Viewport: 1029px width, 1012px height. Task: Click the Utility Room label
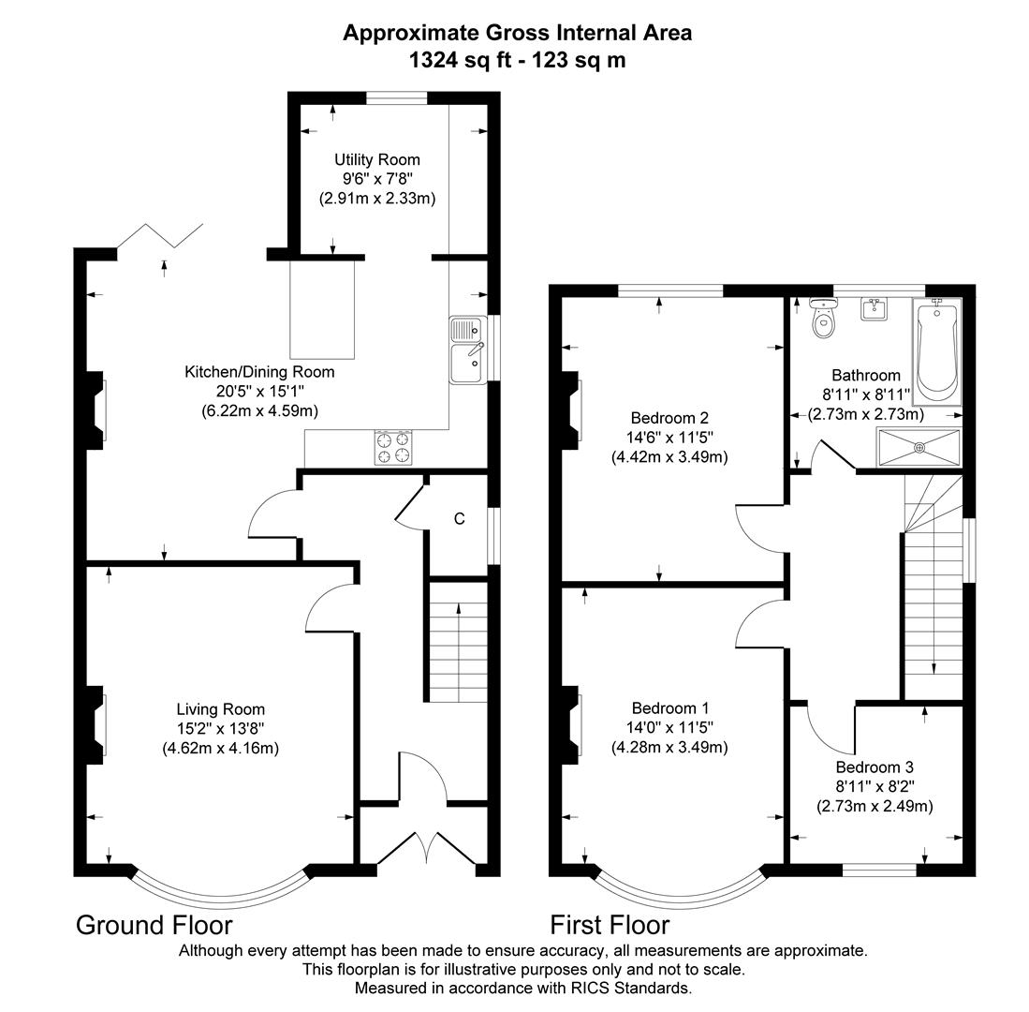click(377, 159)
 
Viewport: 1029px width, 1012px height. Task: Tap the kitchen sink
click(466, 350)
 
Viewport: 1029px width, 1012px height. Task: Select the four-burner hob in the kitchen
click(394, 447)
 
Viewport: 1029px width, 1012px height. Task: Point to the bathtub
click(937, 351)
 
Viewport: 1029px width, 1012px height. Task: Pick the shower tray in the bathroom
click(919, 446)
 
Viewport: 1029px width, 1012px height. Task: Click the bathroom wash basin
click(875, 308)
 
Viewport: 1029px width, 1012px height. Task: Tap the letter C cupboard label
click(460, 518)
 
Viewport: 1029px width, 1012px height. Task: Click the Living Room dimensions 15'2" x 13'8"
click(221, 728)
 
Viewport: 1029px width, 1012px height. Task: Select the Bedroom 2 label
click(669, 418)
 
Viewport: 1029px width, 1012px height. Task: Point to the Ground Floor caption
click(154, 925)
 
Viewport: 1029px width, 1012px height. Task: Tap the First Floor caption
click(610, 925)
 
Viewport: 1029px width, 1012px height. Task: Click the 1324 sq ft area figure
click(460, 60)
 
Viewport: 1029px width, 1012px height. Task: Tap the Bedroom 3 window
click(879, 871)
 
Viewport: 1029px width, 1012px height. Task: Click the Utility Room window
click(397, 97)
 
